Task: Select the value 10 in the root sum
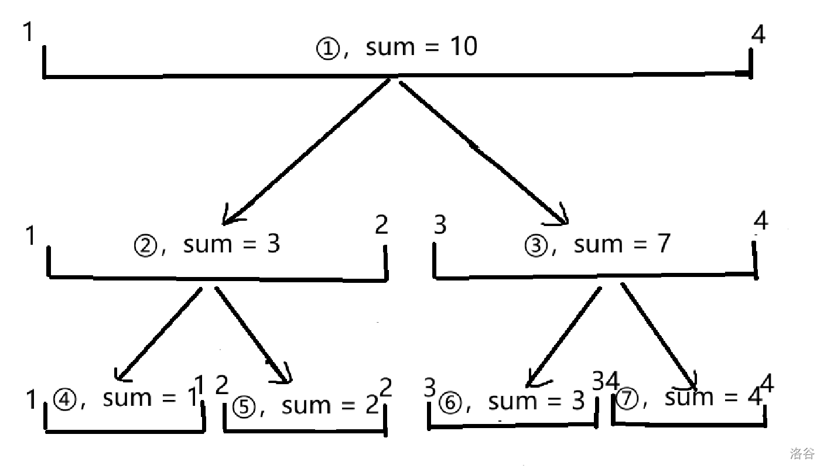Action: [463, 46]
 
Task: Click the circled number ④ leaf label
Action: [63, 401]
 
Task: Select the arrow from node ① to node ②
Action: [307, 151]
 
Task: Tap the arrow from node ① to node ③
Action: [483, 152]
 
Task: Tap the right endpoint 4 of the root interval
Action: [758, 35]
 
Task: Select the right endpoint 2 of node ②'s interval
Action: [381, 225]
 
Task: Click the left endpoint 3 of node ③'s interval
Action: [440, 225]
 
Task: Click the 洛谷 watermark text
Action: [802, 454]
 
